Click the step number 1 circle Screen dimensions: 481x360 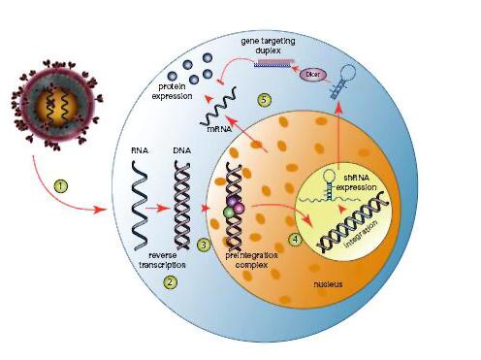point(61,186)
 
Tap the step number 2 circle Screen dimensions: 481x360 point(171,282)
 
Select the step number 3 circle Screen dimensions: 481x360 point(204,245)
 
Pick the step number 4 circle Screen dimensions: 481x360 point(295,240)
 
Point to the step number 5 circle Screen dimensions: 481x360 point(264,100)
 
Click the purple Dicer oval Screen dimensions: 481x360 point(312,75)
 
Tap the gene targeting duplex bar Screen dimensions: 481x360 point(274,62)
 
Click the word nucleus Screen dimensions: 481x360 point(328,284)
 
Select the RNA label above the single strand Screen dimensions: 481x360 point(140,150)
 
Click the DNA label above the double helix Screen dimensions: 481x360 point(181,150)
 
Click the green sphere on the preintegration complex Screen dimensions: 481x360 point(229,213)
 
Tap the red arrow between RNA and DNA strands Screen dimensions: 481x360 point(157,209)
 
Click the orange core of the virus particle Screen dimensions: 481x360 point(57,106)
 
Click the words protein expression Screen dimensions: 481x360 point(172,91)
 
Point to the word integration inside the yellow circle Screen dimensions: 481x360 point(361,235)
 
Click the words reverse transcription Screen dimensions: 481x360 point(163,260)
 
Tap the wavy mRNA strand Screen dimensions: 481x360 point(219,106)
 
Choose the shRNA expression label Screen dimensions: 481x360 point(357,182)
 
